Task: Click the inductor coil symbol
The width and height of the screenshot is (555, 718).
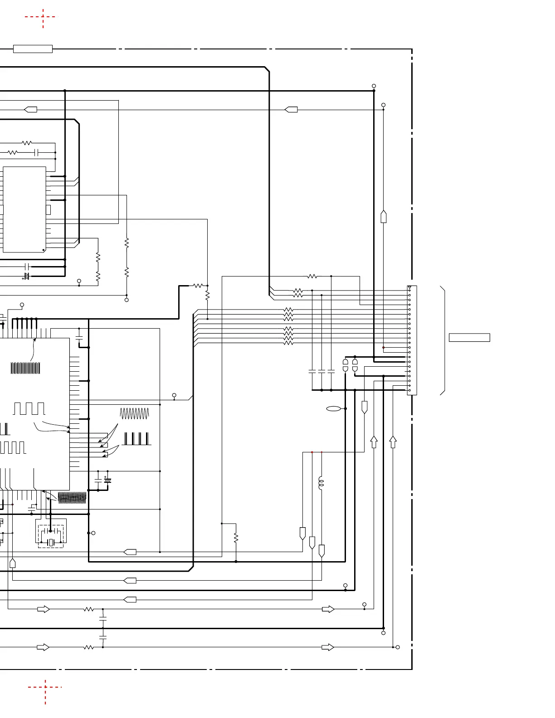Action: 321,483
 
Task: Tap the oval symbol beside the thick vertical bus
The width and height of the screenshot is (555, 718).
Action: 333,409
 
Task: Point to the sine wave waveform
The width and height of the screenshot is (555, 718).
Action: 135,413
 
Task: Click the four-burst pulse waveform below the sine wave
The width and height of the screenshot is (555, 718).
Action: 136,439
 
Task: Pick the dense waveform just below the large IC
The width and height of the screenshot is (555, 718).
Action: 72,498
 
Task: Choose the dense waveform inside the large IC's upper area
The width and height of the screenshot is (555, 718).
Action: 25,368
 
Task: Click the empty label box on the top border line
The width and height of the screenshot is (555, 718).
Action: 33,49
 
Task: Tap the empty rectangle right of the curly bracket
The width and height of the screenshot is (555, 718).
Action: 469,338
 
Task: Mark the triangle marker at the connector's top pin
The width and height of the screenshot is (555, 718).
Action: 409,288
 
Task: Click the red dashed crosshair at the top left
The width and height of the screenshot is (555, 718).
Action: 43,17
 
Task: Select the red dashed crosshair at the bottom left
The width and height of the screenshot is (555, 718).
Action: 45,688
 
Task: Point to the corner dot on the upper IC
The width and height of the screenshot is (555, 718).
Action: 44,250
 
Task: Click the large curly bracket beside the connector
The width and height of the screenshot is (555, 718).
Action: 443,341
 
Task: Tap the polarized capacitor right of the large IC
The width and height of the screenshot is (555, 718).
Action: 107,480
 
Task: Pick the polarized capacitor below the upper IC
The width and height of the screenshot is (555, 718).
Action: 27,276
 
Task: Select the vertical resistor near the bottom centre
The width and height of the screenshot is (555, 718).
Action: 236,538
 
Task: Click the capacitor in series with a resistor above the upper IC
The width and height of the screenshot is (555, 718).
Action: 37,153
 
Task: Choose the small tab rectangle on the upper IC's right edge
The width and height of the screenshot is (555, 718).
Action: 48,210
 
